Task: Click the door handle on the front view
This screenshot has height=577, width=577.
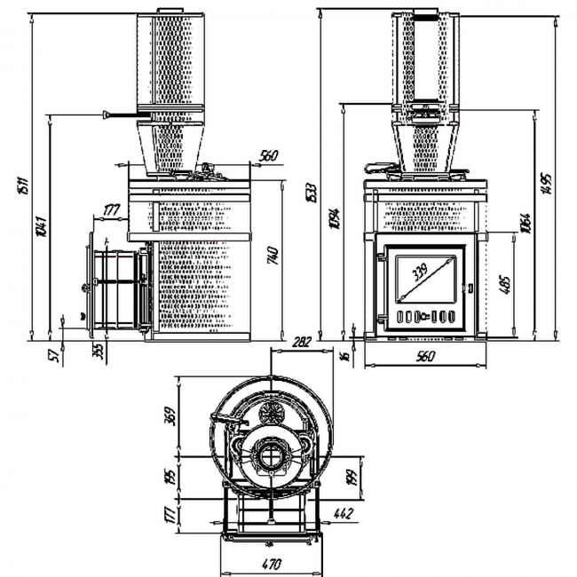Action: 471,288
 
